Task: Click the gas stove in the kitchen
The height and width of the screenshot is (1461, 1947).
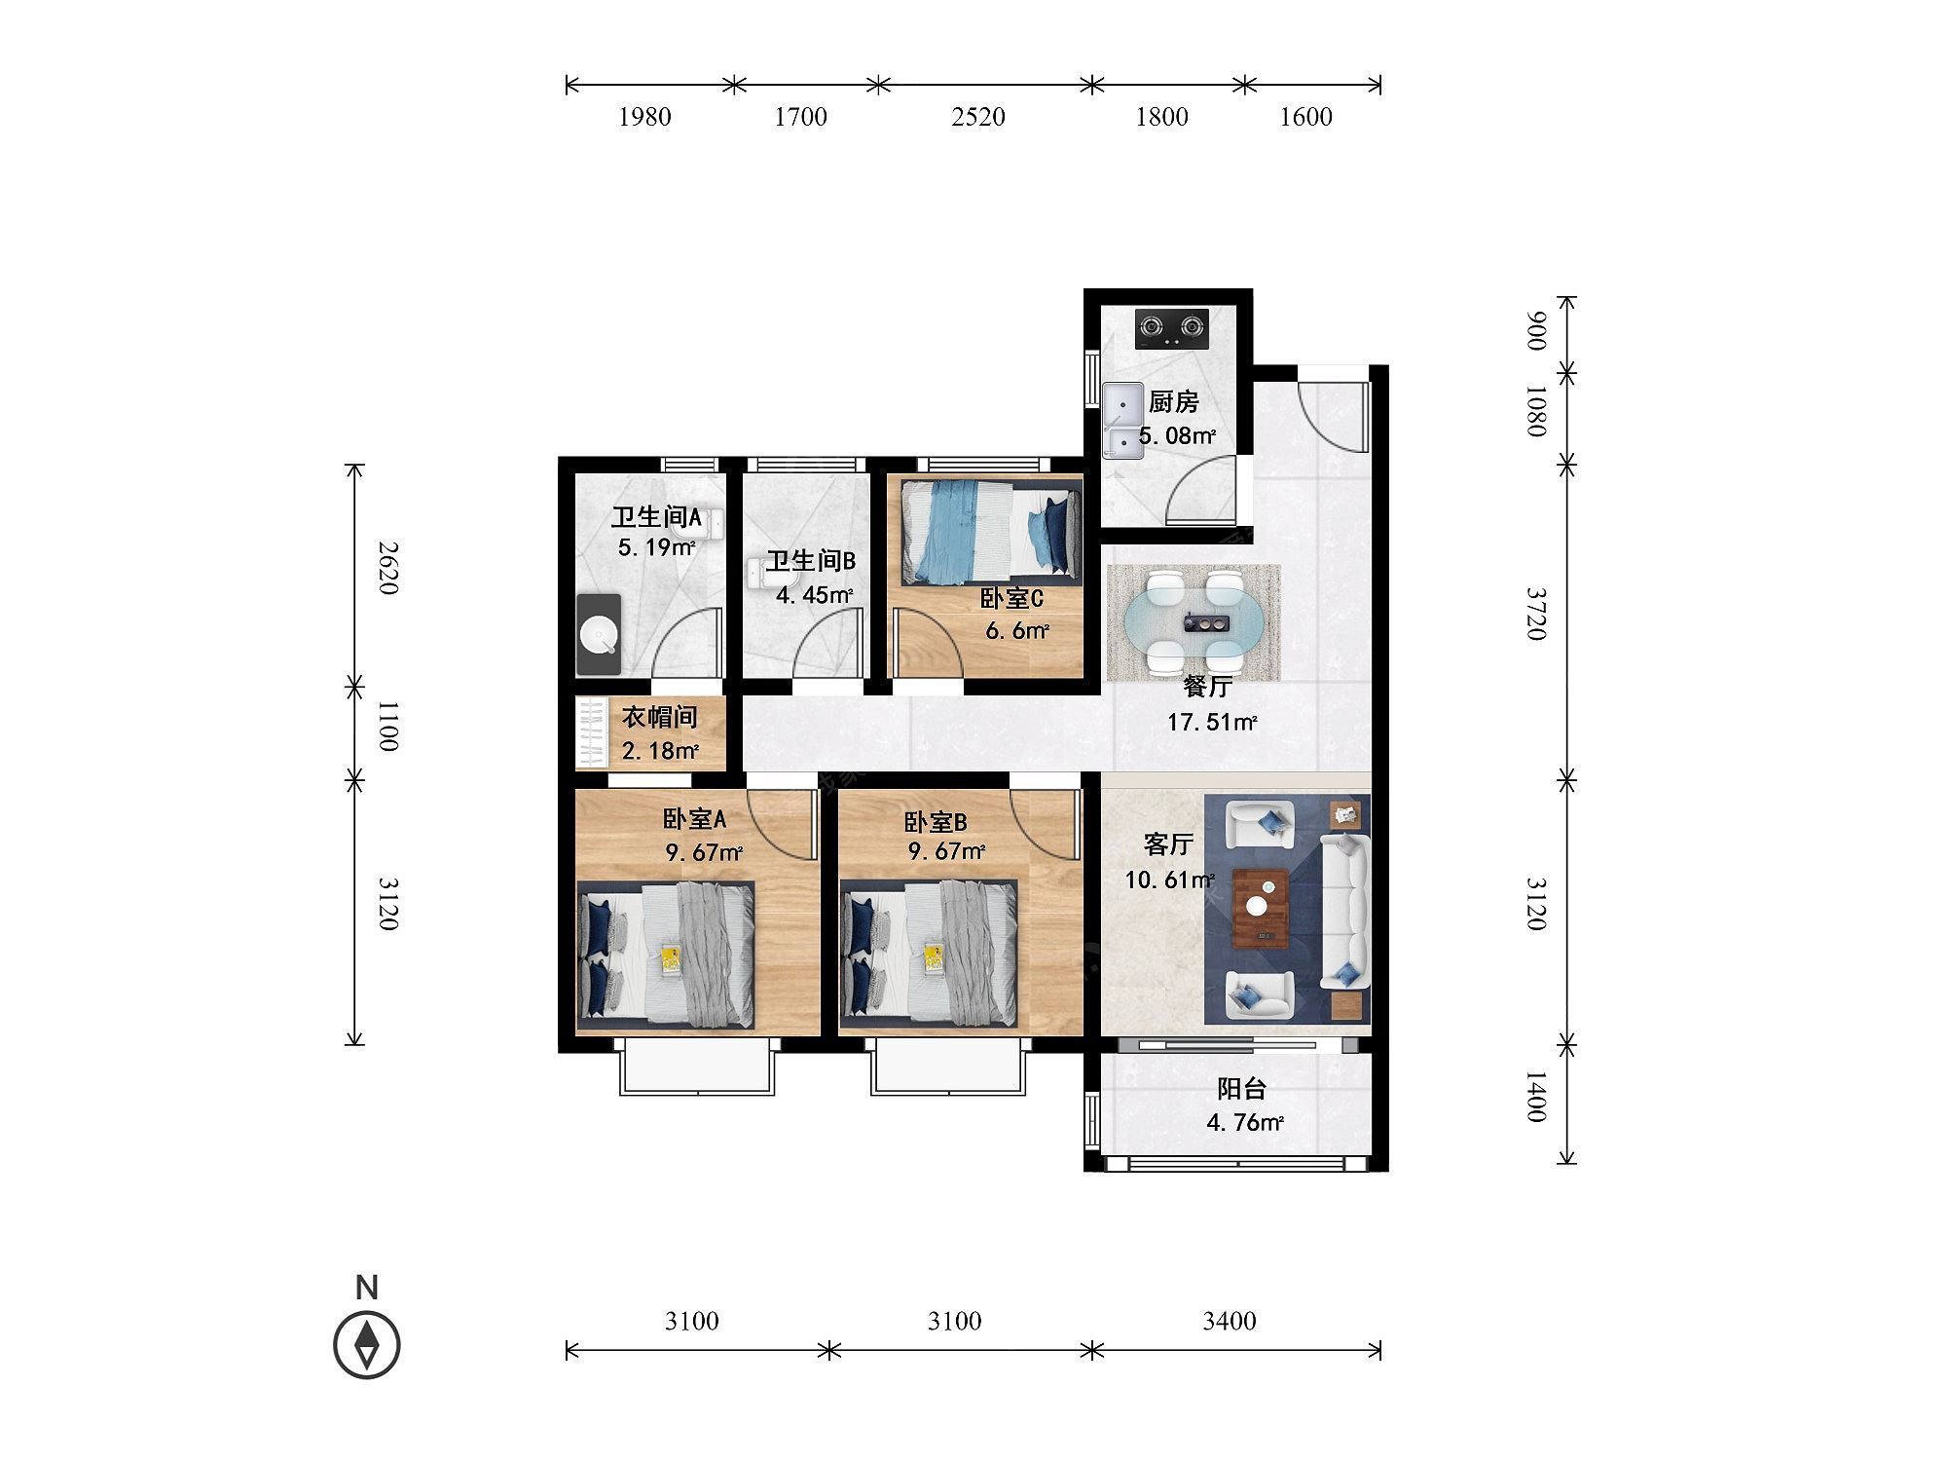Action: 1172,329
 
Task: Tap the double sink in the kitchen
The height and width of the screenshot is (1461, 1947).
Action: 1123,421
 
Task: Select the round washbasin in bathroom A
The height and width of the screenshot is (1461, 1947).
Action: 599,635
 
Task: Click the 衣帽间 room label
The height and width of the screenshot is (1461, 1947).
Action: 660,718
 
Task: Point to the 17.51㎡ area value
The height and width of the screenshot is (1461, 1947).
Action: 1212,723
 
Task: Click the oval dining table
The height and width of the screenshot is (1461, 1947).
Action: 1192,621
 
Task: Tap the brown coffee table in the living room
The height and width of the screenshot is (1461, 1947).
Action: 1261,909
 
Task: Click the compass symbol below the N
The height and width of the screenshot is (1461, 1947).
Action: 367,1344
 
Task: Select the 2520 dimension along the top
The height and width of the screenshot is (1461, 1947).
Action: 978,117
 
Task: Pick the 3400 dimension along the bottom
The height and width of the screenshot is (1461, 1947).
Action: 1230,1321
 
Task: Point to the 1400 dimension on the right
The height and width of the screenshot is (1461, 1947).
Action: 1535,1097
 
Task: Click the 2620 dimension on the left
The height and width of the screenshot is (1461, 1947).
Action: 387,570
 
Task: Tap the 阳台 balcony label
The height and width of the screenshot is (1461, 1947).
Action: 1241,1089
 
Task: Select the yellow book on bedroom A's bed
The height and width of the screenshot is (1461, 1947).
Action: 671,959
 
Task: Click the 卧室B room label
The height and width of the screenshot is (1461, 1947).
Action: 936,823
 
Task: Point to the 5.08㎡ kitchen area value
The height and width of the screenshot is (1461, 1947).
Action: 1177,435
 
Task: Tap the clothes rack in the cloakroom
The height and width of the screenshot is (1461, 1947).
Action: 591,733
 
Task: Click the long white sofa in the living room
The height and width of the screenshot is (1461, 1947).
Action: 1344,913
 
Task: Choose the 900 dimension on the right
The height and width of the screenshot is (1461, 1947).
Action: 1535,331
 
